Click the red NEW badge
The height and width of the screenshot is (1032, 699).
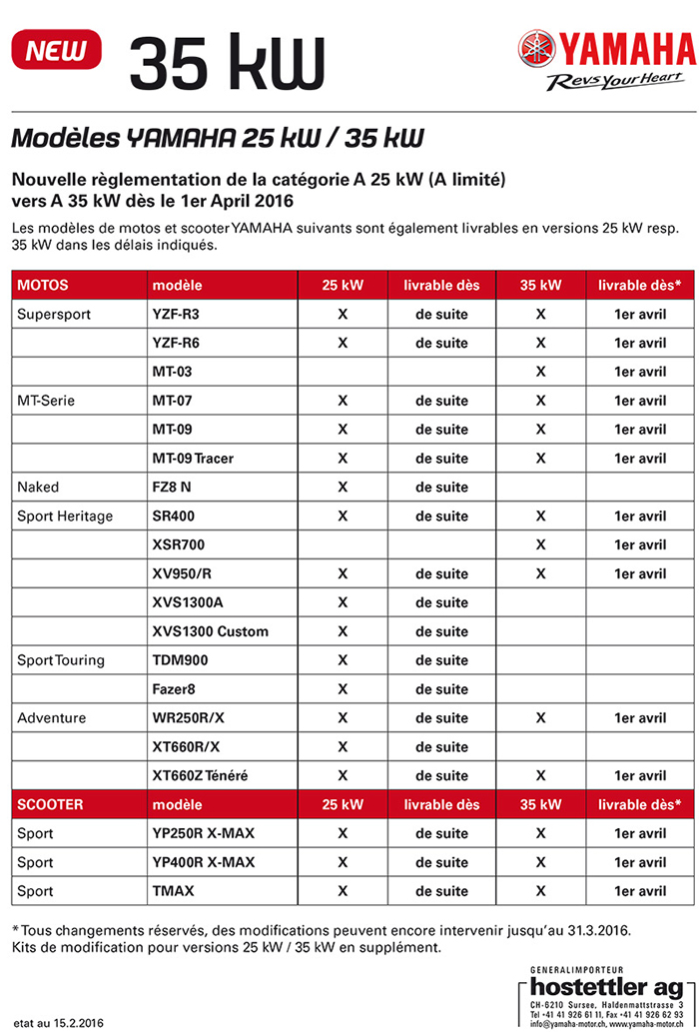[x=56, y=49]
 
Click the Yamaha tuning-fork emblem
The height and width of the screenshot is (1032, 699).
[x=536, y=49]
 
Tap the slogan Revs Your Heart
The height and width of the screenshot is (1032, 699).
[x=619, y=81]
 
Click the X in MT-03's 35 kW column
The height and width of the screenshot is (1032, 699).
[x=540, y=372]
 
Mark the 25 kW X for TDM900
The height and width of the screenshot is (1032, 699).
[x=342, y=660]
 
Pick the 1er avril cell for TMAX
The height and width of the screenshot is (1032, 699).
[x=639, y=891]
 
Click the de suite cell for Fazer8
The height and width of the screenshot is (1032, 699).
[x=441, y=689]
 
